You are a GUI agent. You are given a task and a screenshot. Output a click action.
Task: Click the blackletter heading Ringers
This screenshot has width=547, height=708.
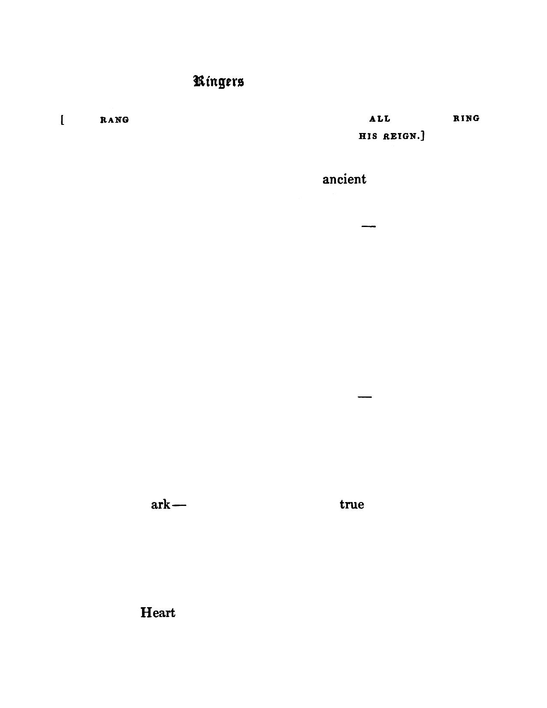tap(219, 82)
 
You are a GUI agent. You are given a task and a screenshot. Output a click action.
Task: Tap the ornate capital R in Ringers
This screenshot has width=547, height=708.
tap(199, 81)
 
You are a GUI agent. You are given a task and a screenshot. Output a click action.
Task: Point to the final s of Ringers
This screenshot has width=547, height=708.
tap(241, 82)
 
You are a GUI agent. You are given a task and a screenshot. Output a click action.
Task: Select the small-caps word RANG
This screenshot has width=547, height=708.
tap(115, 120)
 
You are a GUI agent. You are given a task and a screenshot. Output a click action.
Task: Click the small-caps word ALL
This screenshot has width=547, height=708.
tap(380, 119)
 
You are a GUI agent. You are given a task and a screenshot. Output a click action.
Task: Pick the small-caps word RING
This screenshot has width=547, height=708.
tap(466, 118)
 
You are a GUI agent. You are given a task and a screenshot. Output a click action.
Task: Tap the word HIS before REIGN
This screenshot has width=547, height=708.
tap(368, 137)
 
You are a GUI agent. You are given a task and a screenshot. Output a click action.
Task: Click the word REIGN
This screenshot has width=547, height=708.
tap(399, 137)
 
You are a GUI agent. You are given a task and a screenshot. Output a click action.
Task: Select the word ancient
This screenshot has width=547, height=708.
tap(344, 179)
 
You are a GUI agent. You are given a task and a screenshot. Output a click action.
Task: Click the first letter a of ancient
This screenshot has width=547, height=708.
tap(326, 180)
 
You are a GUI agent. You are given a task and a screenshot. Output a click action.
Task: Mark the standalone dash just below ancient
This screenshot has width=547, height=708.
tap(369, 226)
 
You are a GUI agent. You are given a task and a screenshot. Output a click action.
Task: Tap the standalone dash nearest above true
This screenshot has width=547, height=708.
tap(364, 397)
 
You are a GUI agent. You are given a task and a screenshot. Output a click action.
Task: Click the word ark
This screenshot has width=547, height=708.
tap(160, 505)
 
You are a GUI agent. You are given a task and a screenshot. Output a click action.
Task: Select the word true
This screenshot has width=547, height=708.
tap(352, 505)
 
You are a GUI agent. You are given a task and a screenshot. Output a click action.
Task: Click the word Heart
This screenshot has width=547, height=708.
tap(158, 612)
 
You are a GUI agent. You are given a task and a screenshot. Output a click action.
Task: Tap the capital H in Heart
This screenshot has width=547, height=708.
tap(146, 612)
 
